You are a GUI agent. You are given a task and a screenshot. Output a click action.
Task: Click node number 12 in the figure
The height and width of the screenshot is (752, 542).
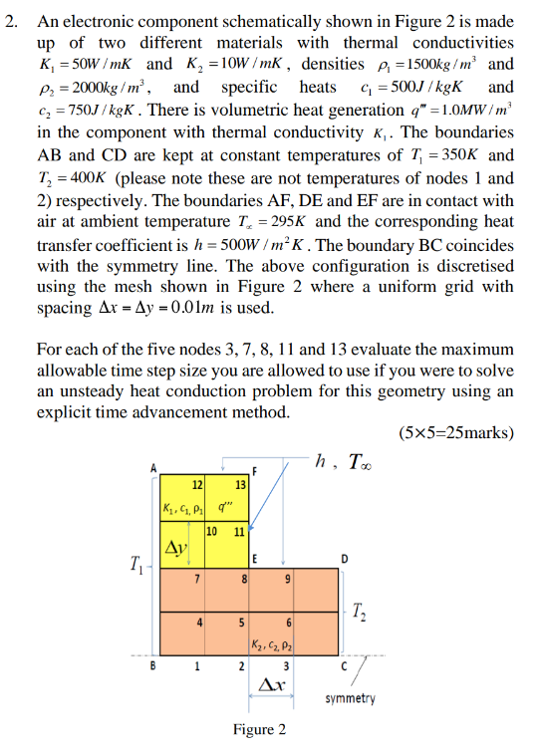pyautogui.click(x=197, y=484)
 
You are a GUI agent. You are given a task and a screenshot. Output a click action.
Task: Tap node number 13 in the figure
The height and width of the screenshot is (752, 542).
pyautogui.click(x=240, y=484)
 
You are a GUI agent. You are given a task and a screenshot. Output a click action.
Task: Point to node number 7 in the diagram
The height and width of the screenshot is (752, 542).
pyautogui.click(x=199, y=580)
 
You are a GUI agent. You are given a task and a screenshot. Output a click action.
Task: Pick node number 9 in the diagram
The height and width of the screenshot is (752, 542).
pyautogui.click(x=288, y=580)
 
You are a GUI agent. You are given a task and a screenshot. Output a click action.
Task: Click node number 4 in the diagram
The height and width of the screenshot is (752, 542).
pyautogui.click(x=199, y=624)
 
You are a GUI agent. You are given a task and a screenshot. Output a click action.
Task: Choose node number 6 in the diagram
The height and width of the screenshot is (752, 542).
pyautogui.click(x=288, y=624)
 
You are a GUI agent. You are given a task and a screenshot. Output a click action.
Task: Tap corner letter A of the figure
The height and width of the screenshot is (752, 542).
pyautogui.click(x=153, y=466)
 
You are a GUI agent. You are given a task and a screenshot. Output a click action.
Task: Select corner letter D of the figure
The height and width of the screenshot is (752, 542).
pyautogui.click(x=344, y=557)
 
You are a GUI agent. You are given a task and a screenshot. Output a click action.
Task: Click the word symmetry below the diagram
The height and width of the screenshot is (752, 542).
pyautogui.click(x=350, y=698)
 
